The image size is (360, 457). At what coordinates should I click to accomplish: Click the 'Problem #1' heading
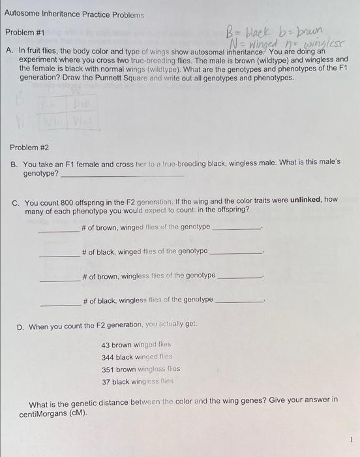point(25,32)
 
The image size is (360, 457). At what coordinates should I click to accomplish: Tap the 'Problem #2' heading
point(30,148)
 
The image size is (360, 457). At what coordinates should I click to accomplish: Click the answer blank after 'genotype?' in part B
point(123,175)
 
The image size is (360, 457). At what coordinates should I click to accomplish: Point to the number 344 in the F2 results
point(108,357)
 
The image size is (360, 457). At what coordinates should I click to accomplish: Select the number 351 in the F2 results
point(108,370)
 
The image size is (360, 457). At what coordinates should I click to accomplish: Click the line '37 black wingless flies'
point(138,382)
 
